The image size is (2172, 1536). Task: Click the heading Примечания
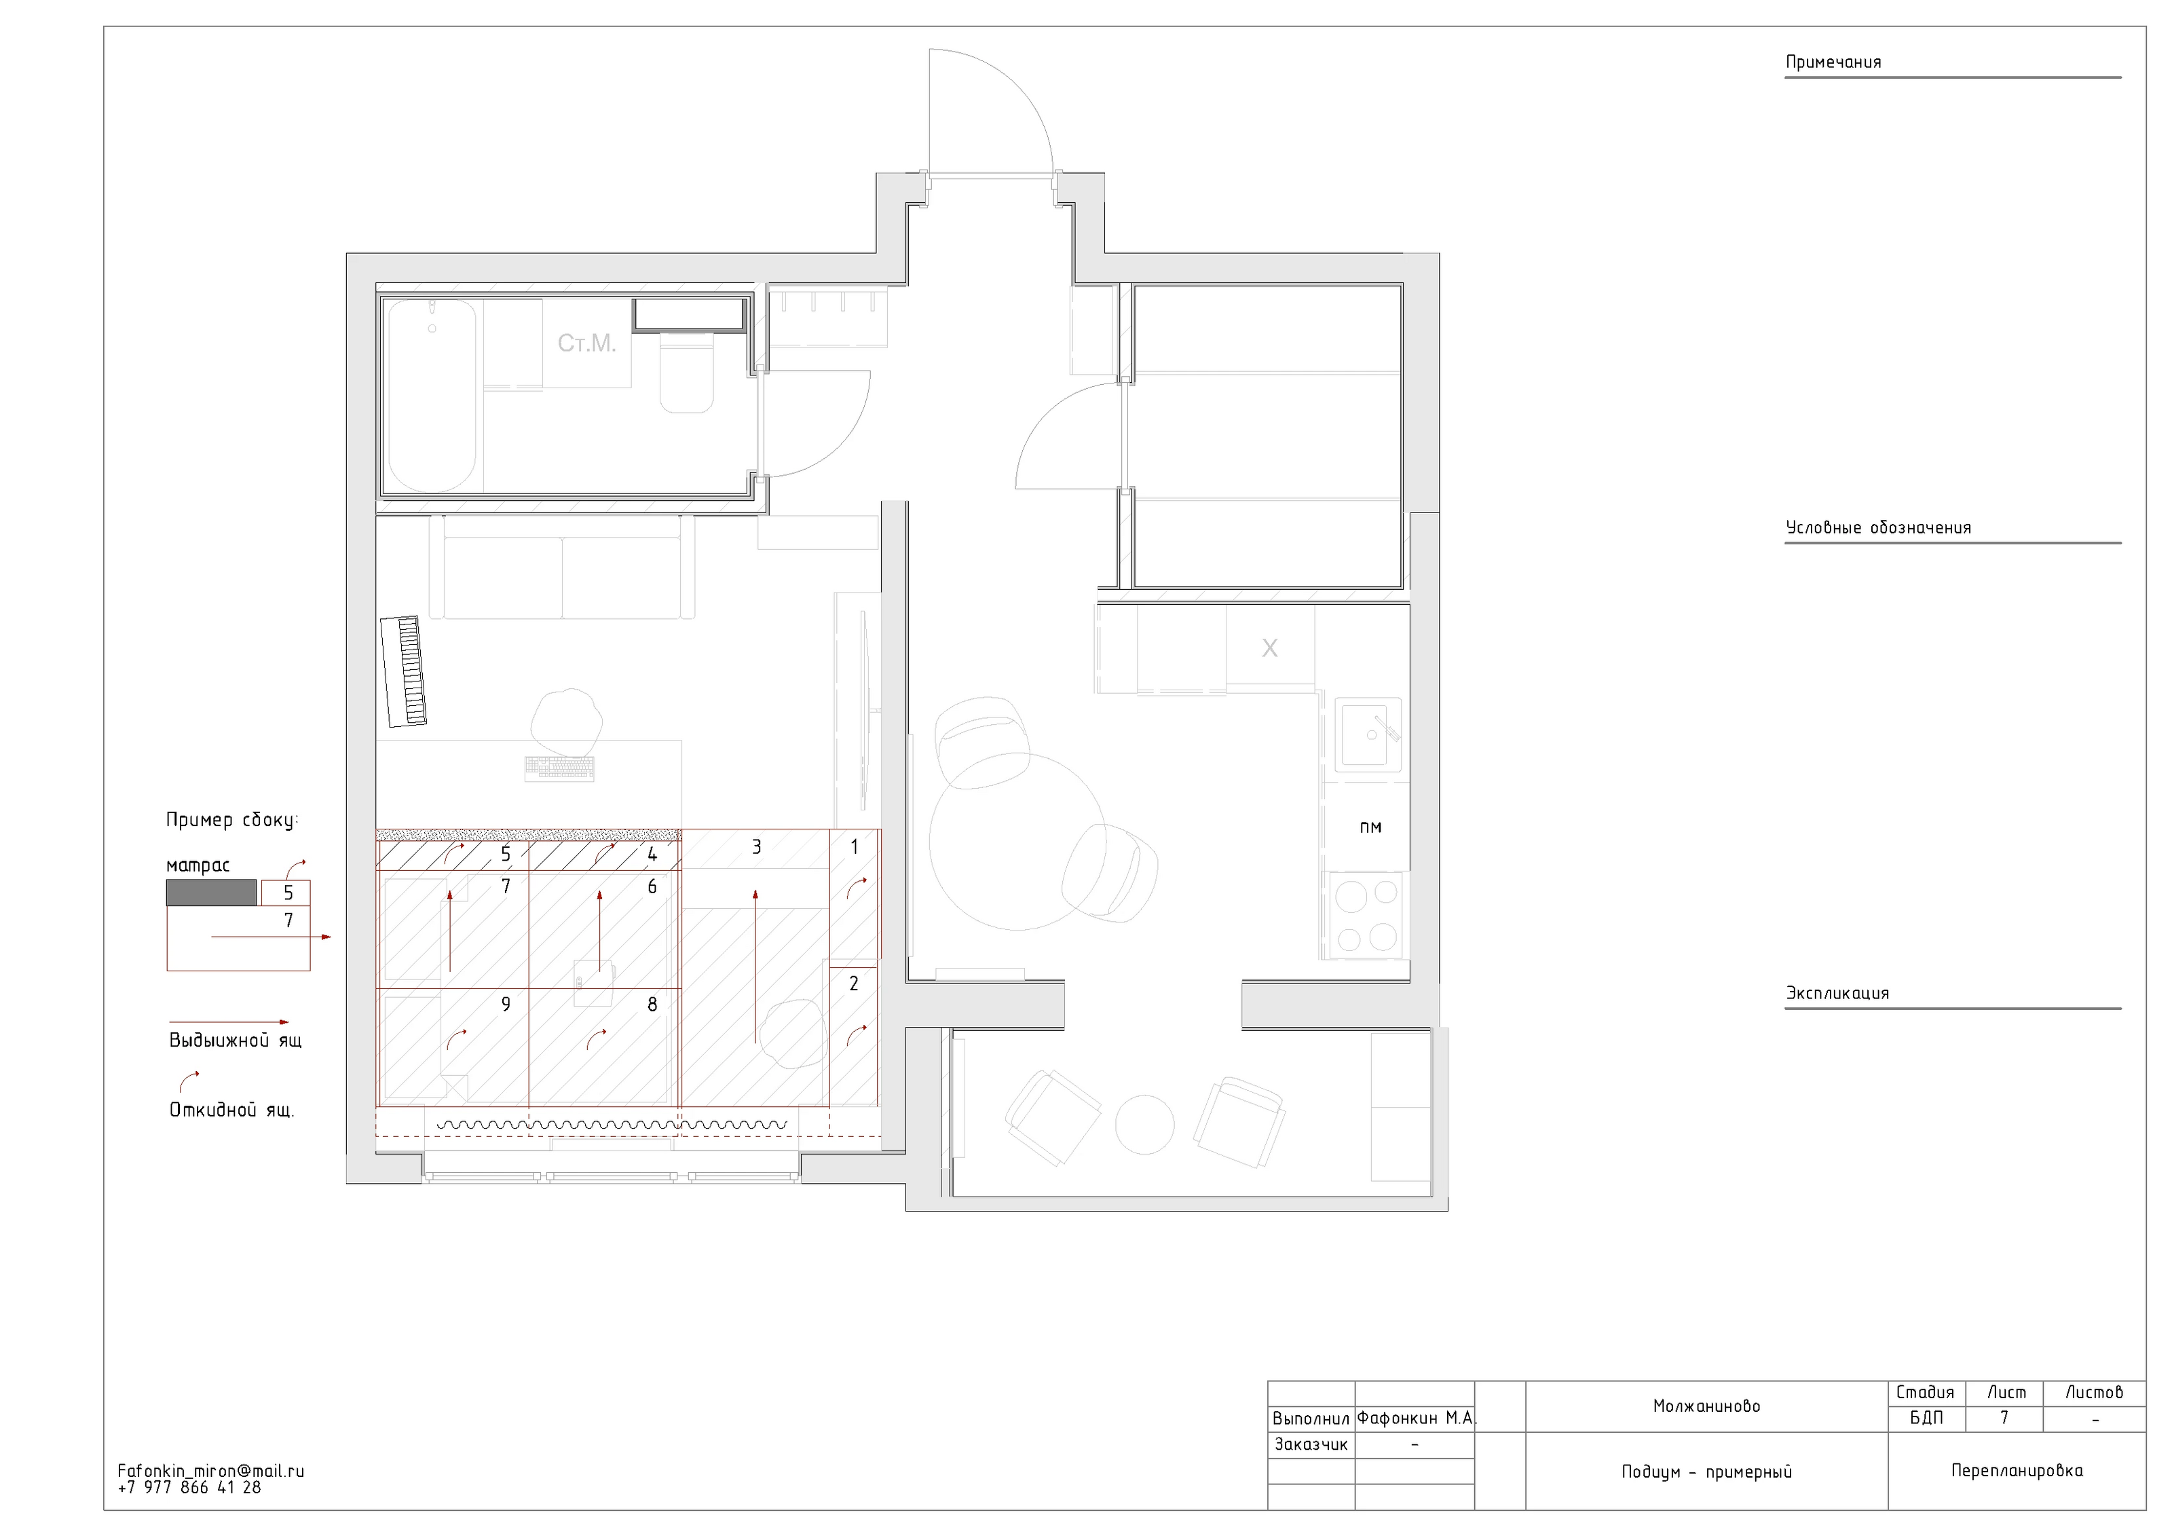tap(1833, 62)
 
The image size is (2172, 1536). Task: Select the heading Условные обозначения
tap(1878, 528)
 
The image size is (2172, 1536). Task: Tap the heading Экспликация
tap(1837, 993)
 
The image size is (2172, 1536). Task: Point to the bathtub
tap(432, 395)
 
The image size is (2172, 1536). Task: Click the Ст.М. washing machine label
tap(586, 343)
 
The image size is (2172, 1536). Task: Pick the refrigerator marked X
tap(1269, 647)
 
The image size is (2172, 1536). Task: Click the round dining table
tap(1018, 841)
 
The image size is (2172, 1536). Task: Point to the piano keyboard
tap(404, 671)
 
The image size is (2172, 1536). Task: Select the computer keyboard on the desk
tap(560, 769)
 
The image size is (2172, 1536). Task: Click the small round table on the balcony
tap(1144, 1125)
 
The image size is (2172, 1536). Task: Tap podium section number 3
tap(756, 846)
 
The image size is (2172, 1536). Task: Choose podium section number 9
tap(506, 1005)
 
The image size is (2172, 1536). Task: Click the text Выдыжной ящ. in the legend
tap(236, 1041)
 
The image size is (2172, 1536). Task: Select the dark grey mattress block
tap(212, 893)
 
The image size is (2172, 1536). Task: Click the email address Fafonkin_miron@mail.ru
tap(211, 1472)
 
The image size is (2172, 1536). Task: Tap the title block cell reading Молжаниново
tap(1706, 1406)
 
